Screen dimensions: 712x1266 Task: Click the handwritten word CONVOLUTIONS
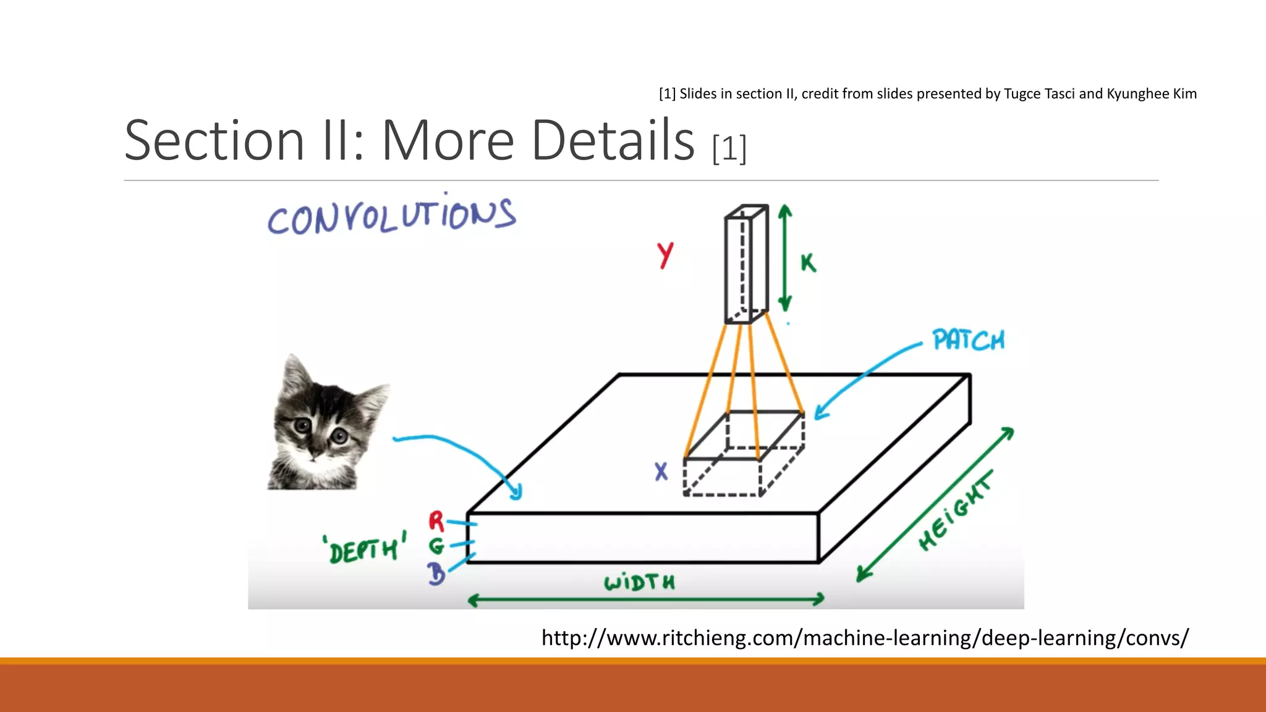point(391,215)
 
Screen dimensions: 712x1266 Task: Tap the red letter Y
point(665,255)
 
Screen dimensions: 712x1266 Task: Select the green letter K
point(809,263)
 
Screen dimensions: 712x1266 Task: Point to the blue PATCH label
point(969,340)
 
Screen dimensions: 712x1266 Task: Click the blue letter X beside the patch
point(661,472)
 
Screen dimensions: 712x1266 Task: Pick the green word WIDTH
point(639,582)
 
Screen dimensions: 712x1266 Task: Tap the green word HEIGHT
point(955,511)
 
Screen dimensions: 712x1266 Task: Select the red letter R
point(436,521)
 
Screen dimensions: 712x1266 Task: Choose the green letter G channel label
point(436,546)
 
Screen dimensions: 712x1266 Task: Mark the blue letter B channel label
point(437,574)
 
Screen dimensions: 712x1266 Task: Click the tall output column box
point(746,265)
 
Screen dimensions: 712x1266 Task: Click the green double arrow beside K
point(785,258)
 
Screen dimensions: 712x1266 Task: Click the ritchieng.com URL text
point(864,637)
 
